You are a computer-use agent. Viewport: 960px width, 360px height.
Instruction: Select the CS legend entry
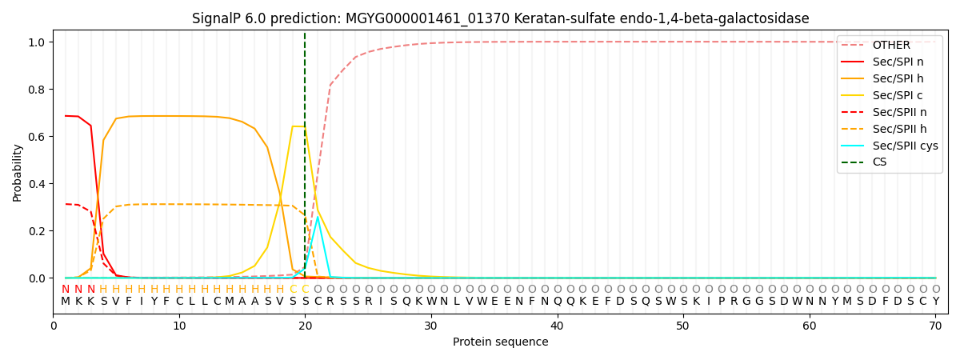pos(880,162)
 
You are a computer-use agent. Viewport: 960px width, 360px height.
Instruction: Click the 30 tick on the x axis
pos(431,326)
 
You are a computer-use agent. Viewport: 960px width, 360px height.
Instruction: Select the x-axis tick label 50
pos(683,326)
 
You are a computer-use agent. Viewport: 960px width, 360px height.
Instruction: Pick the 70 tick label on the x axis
pos(935,326)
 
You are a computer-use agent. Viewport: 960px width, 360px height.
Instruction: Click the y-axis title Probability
pos(18,172)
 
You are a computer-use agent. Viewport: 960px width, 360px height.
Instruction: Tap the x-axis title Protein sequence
pos(501,342)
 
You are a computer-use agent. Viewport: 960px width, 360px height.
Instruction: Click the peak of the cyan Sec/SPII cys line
pos(318,217)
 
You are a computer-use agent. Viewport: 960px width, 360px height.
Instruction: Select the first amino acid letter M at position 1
pos(66,302)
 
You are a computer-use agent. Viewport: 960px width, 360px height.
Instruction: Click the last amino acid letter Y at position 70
pos(935,302)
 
